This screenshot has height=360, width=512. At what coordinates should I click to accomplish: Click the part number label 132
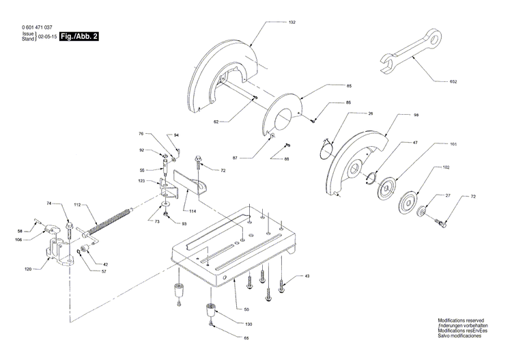[292, 23]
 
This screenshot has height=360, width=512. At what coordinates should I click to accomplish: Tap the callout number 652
[472, 81]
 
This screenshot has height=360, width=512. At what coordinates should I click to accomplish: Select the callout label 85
[349, 86]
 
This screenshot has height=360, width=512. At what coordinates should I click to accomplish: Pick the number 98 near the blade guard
[416, 115]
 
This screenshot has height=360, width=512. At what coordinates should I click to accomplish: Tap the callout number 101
[453, 145]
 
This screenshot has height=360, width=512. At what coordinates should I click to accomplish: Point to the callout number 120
[28, 269]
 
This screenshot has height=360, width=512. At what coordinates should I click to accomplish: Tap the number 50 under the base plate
[238, 290]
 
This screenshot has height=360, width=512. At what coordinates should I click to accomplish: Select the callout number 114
[194, 212]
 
